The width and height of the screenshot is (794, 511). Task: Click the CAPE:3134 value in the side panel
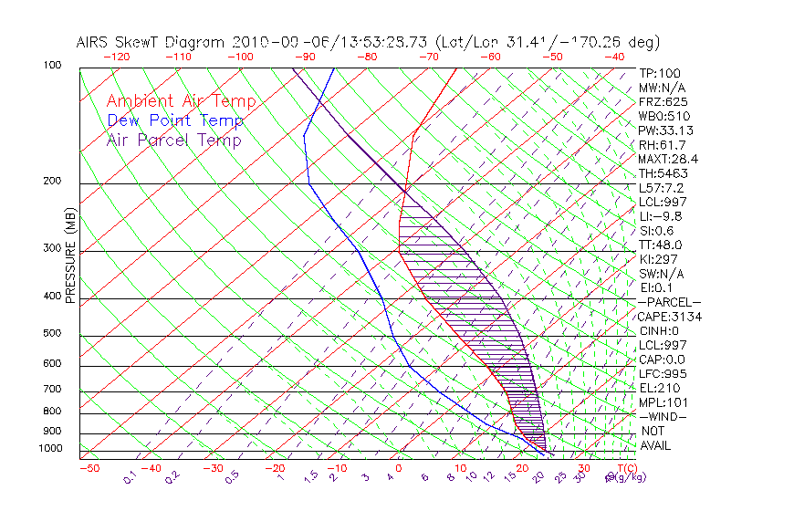(x=665, y=317)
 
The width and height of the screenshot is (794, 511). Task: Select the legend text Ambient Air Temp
(x=181, y=102)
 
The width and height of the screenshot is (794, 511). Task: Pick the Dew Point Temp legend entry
(x=175, y=120)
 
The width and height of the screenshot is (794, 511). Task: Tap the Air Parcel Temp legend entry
(x=173, y=140)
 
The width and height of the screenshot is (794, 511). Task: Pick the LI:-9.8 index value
(x=660, y=216)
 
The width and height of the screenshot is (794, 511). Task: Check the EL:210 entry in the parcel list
(x=657, y=388)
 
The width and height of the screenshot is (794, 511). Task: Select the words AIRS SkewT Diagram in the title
(x=152, y=43)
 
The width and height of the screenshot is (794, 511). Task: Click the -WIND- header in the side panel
(x=661, y=416)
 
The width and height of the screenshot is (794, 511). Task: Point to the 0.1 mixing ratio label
(x=130, y=475)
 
